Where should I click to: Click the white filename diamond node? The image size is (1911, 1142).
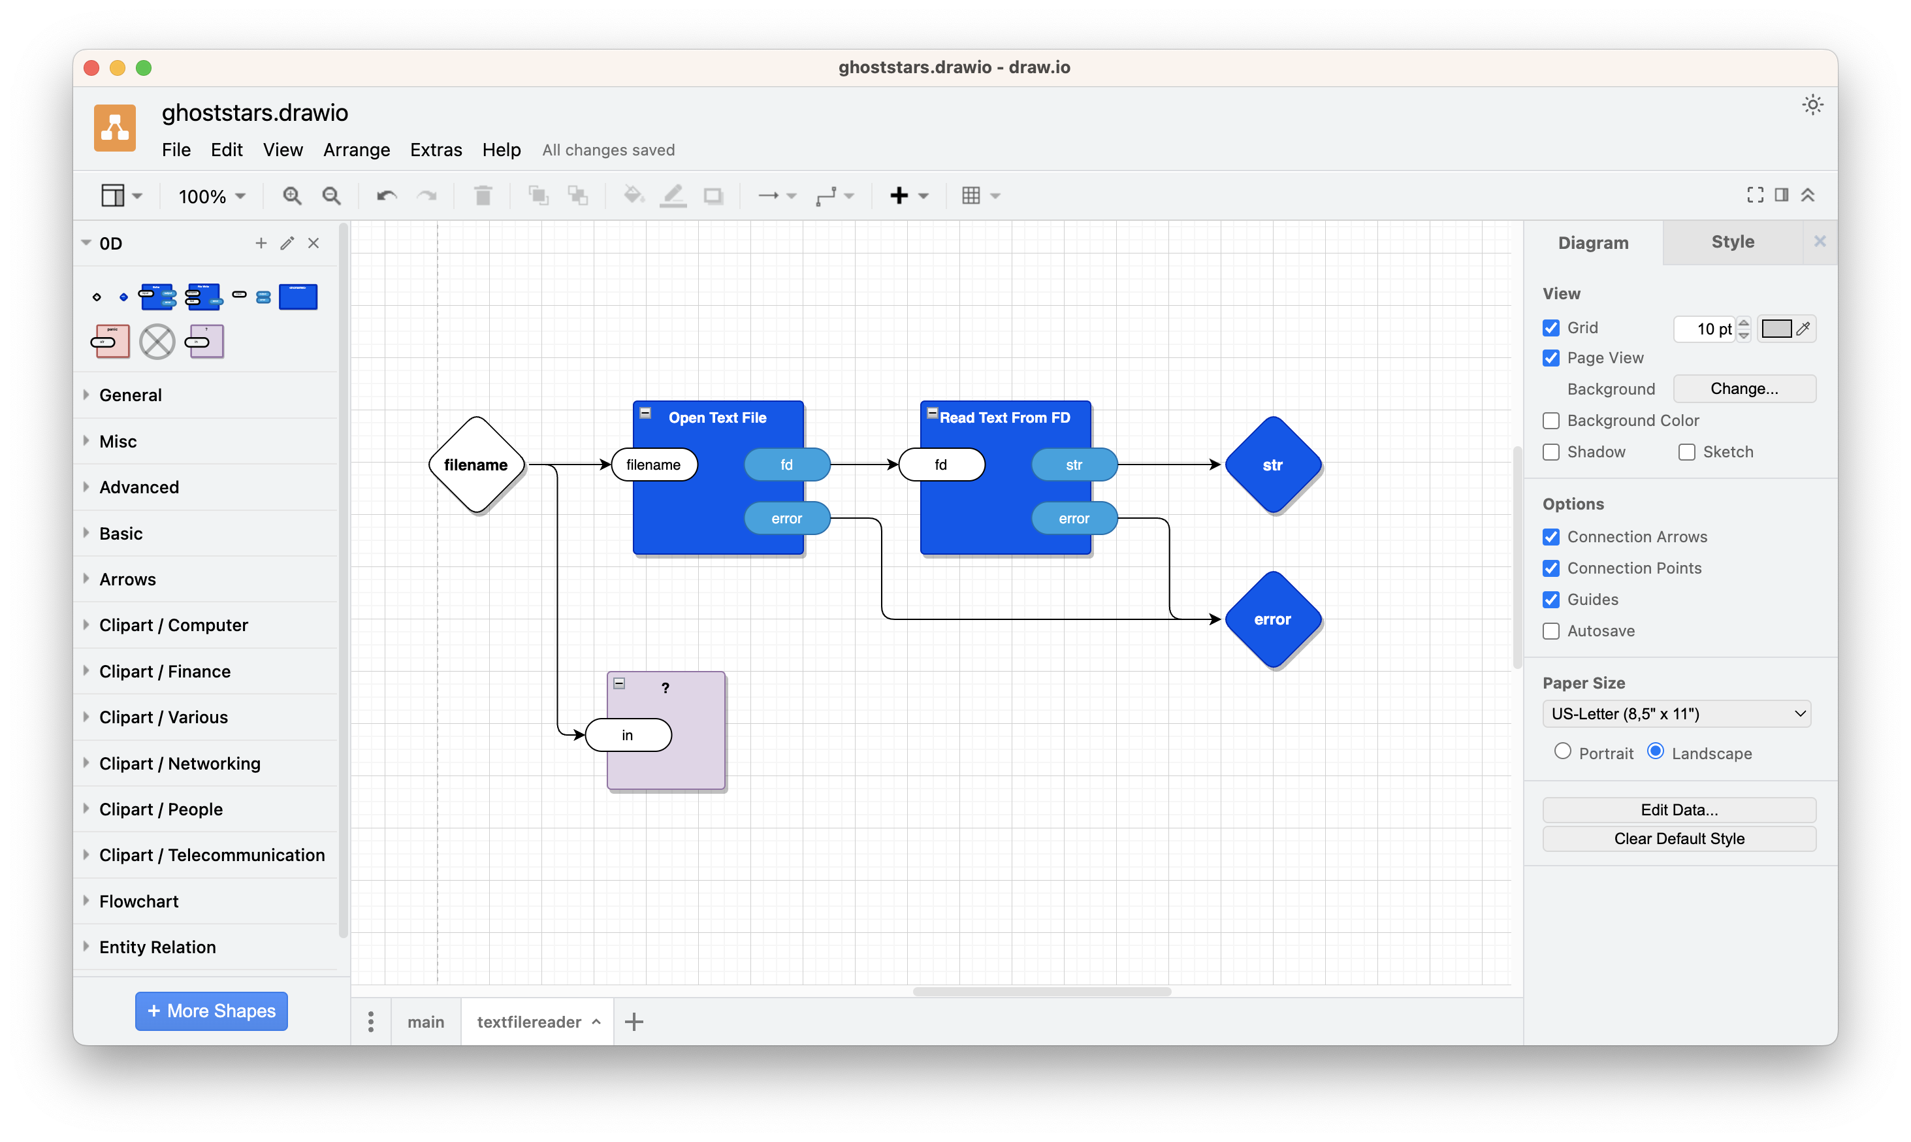tap(476, 465)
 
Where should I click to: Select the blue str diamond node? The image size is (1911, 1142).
tap(1272, 465)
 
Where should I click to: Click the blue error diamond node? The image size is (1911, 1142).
tap(1272, 619)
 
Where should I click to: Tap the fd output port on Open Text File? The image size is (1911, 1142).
tap(787, 465)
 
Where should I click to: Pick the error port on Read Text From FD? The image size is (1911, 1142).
tap(1074, 519)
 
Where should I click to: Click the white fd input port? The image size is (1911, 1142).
tap(942, 465)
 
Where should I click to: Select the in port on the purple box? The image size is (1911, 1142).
tap(628, 735)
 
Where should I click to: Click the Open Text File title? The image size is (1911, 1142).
tap(717, 418)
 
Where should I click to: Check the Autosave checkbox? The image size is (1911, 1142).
tap(1551, 631)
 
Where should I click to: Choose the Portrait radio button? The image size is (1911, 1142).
tap(1562, 752)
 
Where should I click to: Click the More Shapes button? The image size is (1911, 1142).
tap(212, 1011)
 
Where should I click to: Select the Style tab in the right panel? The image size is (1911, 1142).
tap(1733, 242)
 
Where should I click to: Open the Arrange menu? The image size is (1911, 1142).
tap(356, 150)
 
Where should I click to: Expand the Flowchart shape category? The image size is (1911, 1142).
tap(138, 901)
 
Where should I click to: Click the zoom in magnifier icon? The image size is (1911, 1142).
tap(291, 196)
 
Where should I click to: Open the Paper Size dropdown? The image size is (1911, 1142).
tap(1677, 714)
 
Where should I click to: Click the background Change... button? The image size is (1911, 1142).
tap(1744, 389)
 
